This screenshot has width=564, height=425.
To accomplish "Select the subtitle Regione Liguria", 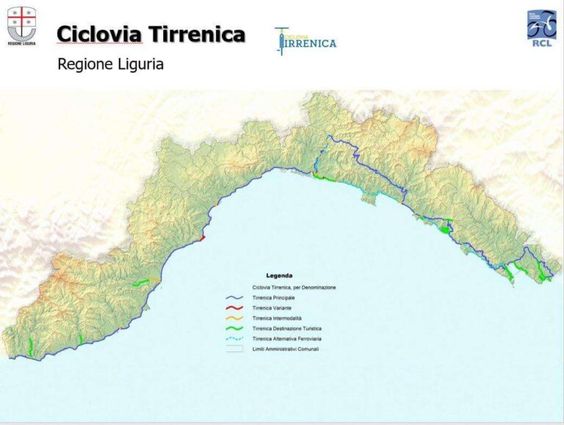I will pyautogui.click(x=110, y=65).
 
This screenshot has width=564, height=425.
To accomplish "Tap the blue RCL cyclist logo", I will pyautogui.click(x=541, y=27).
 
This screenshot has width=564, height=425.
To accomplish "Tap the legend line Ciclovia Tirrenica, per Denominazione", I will pyautogui.click(x=294, y=287).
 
